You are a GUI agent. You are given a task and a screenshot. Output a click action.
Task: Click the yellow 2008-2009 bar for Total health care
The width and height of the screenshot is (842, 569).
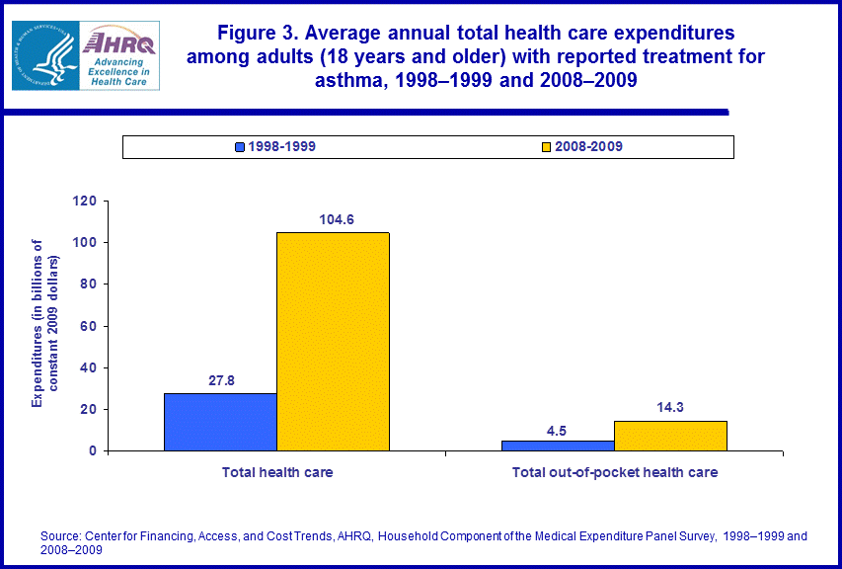pos(333,341)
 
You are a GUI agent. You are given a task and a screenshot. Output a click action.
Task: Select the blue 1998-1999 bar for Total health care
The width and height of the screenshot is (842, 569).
pos(220,422)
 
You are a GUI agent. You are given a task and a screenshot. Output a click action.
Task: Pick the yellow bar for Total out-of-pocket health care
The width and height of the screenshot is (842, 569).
pos(670,436)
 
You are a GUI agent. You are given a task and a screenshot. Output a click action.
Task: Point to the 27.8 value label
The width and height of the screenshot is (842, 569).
pos(219,380)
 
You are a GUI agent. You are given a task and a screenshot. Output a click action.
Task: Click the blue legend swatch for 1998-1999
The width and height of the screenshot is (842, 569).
pos(240,147)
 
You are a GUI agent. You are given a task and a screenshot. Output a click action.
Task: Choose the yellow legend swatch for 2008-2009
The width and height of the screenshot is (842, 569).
pos(546,147)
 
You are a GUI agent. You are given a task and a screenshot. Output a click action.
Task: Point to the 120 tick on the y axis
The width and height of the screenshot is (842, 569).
pos(85,202)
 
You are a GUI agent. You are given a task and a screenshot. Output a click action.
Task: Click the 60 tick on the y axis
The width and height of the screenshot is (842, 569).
pos(89,326)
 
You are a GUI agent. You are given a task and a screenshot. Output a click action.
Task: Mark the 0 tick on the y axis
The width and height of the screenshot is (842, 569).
pos(93,451)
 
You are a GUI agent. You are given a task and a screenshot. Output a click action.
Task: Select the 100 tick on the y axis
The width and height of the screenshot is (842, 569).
pos(85,243)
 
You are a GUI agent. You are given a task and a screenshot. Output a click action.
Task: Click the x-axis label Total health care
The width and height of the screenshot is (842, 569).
pos(277,472)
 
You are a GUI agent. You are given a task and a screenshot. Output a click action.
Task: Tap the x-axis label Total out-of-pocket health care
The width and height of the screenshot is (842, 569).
pos(614,472)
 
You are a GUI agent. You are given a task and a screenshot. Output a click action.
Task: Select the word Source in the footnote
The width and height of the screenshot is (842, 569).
pos(59,536)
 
